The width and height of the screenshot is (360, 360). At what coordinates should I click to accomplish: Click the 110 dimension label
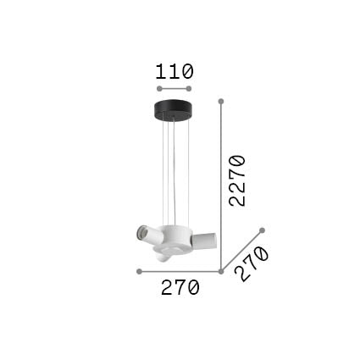tap(174, 71)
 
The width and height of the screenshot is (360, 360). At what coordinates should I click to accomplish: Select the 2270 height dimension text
tap(237, 180)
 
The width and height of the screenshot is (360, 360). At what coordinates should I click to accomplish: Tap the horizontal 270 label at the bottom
tap(180, 287)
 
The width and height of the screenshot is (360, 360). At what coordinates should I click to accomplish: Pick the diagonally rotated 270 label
tap(252, 263)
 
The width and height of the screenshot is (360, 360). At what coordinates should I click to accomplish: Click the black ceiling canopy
tap(173, 109)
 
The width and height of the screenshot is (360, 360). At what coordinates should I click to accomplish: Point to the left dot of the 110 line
tap(159, 89)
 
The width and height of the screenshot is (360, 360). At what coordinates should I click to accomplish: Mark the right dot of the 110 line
tap(189, 89)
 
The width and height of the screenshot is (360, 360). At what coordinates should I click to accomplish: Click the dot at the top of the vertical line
tap(221, 101)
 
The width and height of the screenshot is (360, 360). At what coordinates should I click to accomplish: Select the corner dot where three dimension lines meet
tap(221, 271)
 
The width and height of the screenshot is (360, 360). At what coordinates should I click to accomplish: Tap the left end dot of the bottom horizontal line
tap(139, 271)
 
